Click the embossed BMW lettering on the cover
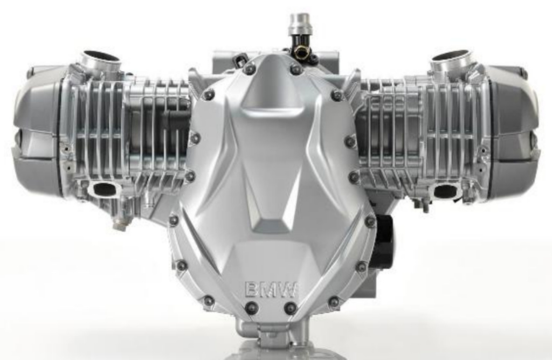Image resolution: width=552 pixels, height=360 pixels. coord(271,289)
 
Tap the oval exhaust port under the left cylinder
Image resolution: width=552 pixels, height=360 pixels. coord(103,189)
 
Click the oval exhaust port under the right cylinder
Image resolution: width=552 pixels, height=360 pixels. coord(446,190)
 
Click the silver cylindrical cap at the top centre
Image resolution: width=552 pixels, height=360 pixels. coord(301,24)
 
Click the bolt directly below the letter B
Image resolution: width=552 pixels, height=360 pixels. coord(251,308)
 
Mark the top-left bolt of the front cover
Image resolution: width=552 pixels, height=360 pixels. coord(249,69)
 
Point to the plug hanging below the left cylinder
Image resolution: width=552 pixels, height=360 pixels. coord(120,223)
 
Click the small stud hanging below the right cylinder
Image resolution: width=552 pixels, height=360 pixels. coord(425,205)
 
